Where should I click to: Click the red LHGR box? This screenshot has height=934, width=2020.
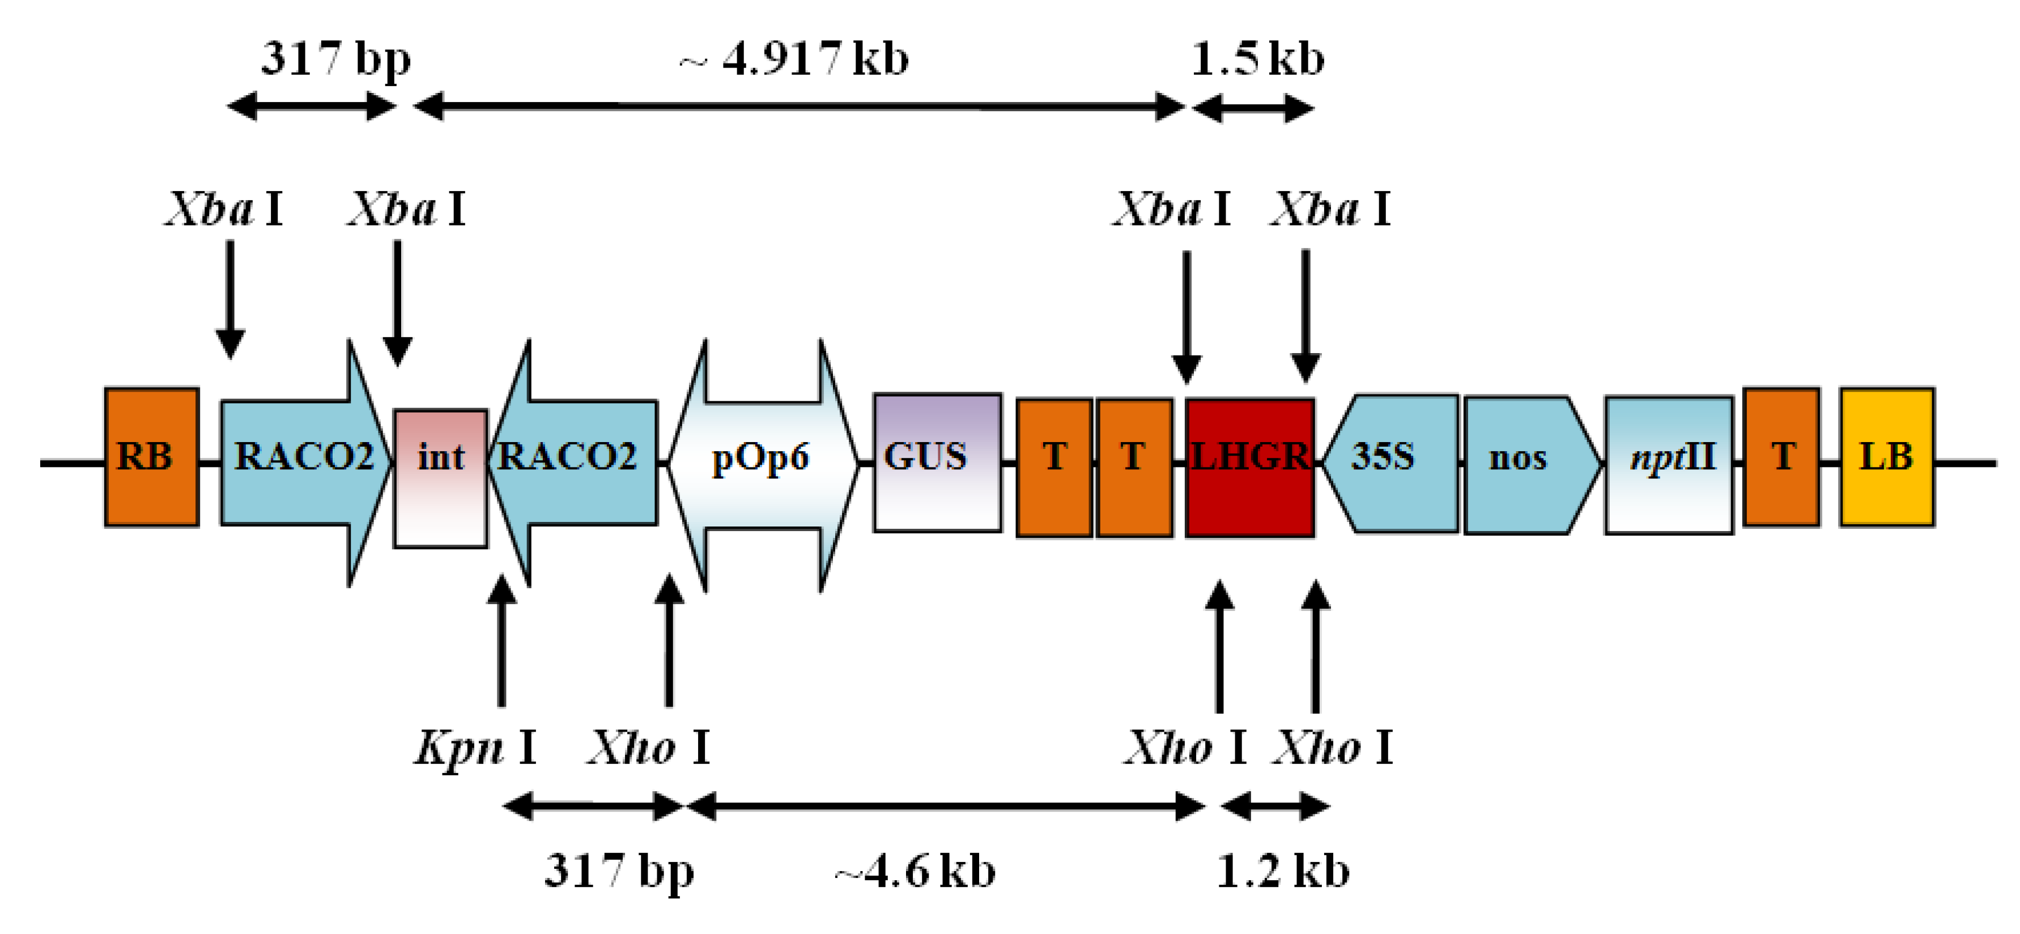pyautogui.click(x=1250, y=468)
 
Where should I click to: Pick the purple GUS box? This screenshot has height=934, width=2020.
pyautogui.click(x=937, y=462)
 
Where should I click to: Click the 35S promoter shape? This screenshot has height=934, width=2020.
pyautogui.click(x=1392, y=462)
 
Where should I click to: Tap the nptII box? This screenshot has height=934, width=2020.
pyautogui.click(x=1669, y=464)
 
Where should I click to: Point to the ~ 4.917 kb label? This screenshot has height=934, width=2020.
pyautogui.click(x=794, y=59)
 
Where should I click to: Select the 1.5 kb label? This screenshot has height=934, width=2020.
pyautogui.click(x=1257, y=59)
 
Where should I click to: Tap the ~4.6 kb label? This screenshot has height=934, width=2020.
pyautogui.click(x=915, y=871)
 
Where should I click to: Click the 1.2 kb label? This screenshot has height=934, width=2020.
pyautogui.click(x=1283, y=871)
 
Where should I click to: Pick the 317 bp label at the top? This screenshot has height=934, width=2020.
pyautogui.click(x=335, y=59)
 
